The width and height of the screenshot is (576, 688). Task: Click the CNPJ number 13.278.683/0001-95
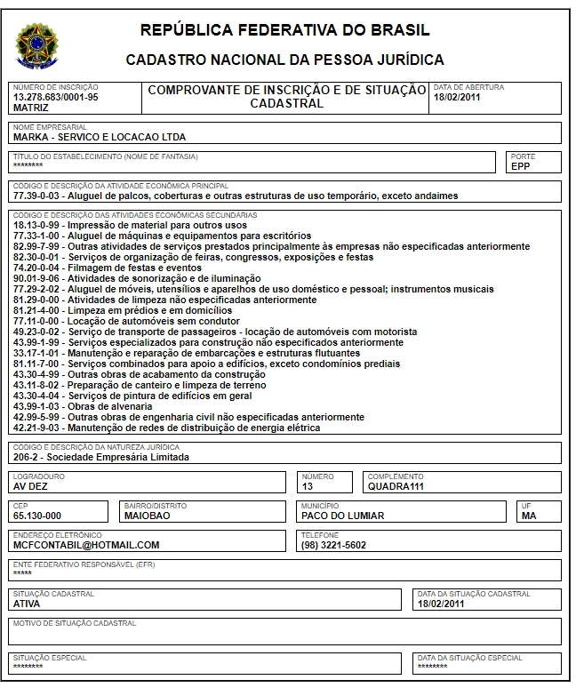click(x=55, y=97)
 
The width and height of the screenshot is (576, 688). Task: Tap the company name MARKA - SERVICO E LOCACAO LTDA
click(x=99, y=137)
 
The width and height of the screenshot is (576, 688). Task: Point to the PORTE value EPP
click(x=520, y=165)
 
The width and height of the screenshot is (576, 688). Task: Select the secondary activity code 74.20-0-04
click(x=36, y=268)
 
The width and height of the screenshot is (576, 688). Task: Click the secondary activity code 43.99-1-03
click(x=36, y=406)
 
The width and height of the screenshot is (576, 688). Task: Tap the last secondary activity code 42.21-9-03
click(x=36, y=428)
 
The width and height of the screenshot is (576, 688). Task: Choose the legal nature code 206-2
click(x=27, y=458)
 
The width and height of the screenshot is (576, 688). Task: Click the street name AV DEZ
click(x=30, y=486)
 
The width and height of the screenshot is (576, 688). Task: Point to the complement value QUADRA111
click(x=395, y=486)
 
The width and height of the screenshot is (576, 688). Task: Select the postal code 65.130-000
click(x=37, y=516)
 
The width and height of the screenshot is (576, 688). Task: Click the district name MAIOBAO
click(x=147, y=516)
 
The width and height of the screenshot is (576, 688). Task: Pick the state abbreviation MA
click(x=529, y=516)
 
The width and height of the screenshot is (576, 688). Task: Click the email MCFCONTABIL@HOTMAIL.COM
click(x=86, y=545)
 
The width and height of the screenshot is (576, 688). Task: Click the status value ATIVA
click(x=27, y=603)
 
